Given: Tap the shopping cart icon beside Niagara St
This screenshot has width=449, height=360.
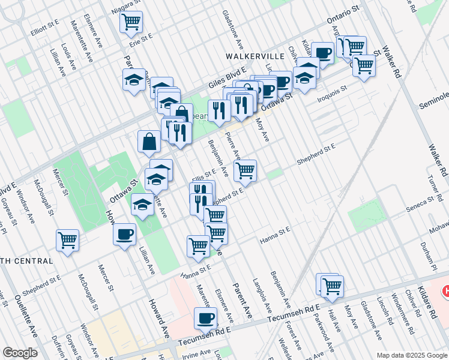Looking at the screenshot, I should point(131,23).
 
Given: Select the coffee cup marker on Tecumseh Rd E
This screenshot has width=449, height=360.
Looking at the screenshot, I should point(205,318).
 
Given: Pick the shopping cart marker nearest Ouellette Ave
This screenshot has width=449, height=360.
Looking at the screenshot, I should point(68,241).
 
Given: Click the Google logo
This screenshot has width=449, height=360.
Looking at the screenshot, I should point(20,353).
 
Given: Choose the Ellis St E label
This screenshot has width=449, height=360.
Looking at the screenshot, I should point(203,175).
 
